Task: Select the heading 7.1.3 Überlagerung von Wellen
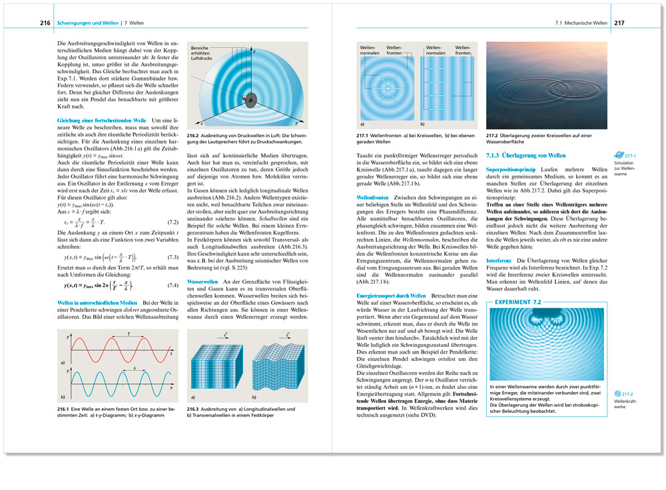click(521, 156)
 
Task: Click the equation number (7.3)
click(171, 257)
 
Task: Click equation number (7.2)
click(171, 221)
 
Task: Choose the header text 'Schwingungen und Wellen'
click(87, 23)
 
